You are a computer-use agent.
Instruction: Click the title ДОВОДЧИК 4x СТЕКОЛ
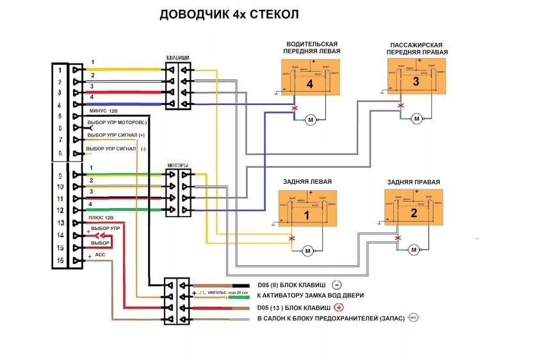229,15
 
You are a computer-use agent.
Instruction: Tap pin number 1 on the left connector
60,70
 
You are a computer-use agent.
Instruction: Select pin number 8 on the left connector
60,153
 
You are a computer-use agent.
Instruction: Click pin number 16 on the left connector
60,260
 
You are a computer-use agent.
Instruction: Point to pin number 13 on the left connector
60,223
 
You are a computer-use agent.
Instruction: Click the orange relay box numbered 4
309,79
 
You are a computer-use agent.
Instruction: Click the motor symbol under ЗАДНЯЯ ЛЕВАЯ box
308,250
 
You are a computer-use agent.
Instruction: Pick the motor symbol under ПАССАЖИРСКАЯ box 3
416,119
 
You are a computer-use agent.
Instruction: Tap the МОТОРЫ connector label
177,165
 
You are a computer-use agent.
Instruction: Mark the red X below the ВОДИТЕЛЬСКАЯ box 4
295,109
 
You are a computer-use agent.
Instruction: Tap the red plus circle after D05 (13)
338,307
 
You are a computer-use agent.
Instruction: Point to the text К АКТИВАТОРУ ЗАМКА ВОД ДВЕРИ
311,296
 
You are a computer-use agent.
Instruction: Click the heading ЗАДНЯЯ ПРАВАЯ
413,182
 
